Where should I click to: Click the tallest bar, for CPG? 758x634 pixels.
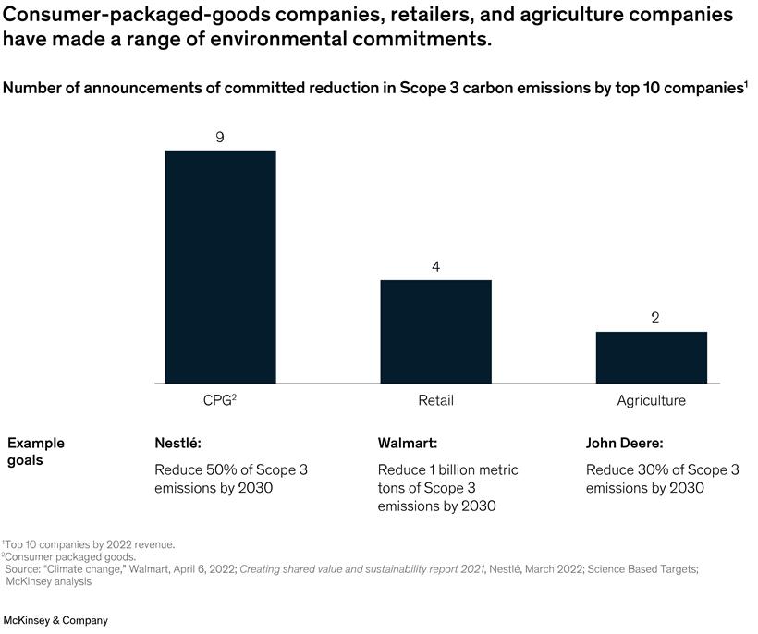220,266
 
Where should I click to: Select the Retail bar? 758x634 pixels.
435,331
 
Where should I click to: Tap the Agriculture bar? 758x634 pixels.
651,357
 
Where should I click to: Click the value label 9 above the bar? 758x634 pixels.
220,138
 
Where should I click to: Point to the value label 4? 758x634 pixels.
435,267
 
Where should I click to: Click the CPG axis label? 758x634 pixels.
219,401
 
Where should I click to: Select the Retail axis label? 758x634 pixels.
435,401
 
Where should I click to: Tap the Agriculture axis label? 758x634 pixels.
651,401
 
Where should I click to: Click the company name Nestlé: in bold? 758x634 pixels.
177,443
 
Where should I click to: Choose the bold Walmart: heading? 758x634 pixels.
408,443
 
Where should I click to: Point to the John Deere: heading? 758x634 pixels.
624,443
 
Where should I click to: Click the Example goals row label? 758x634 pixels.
35,451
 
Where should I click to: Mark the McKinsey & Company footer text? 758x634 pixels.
55,620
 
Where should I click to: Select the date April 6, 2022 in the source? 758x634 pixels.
201,568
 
